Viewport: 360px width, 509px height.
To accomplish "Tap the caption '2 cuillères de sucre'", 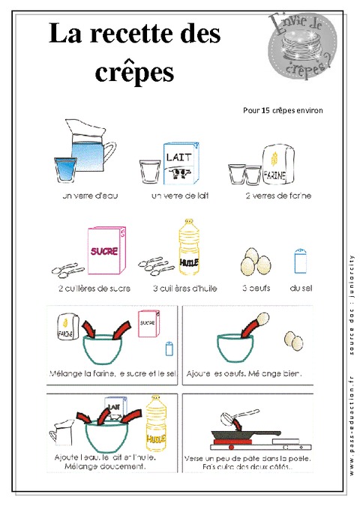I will [x=94, y=288].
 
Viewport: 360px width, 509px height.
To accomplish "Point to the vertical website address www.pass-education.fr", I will [x=351, y=417].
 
